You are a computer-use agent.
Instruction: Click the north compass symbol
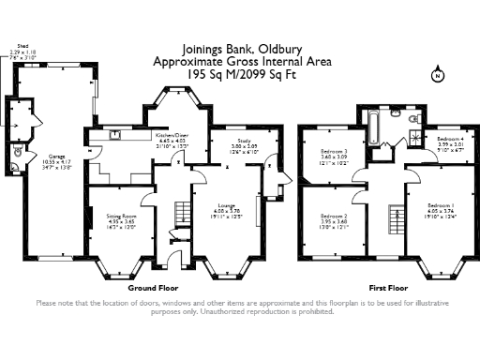(x=436, y=75)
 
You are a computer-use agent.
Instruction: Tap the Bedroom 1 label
(x=441, y=207)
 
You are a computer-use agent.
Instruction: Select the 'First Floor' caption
(x=392, y=288)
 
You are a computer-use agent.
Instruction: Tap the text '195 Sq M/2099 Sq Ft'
(x=238, y=72)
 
